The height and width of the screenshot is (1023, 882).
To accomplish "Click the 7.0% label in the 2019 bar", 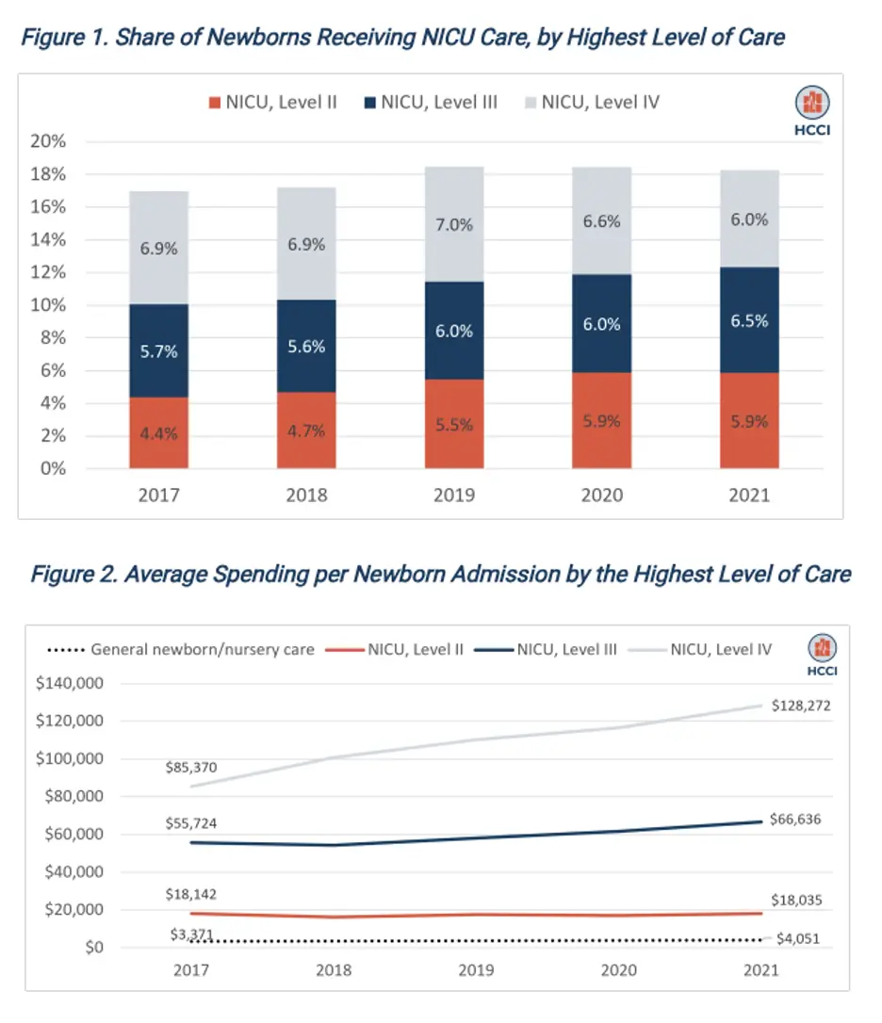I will coord(454,225).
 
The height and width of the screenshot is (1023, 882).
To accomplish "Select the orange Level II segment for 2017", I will coord(159,432).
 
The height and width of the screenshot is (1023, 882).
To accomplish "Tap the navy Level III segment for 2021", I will coord(749,320).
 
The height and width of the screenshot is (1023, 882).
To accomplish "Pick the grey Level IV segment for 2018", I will coord(306,243).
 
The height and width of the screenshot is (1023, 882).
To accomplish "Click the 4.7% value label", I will coord(306,431).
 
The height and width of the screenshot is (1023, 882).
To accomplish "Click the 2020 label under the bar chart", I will coord(602,495).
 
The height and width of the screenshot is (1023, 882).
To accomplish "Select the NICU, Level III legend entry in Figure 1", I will coord(430,102).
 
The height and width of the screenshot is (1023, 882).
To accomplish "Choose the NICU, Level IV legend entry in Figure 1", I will coord(591,102).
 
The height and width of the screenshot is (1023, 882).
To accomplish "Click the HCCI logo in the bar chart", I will coord(811,110).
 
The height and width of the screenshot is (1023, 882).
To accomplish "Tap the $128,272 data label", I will coord(801,705).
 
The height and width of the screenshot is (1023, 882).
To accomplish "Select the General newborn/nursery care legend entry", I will coord(181,649).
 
